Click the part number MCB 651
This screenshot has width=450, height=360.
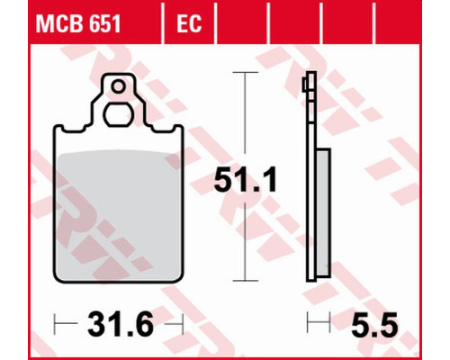click(x=78, y=23)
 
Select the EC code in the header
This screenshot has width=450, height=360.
click(x=189, y=23)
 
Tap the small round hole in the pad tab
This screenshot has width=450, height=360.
click(x=118, y=86)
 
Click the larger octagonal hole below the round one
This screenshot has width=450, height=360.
click(x=118, y=114)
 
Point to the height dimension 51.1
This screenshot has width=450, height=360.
click(x=246, y=181)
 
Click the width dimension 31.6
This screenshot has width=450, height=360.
click(x=121, y=324)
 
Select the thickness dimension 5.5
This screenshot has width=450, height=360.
click(x=374, y=324)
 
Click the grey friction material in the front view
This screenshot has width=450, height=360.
click(x=118, y=214)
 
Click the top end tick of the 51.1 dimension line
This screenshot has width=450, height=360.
click(x=246, y=73)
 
